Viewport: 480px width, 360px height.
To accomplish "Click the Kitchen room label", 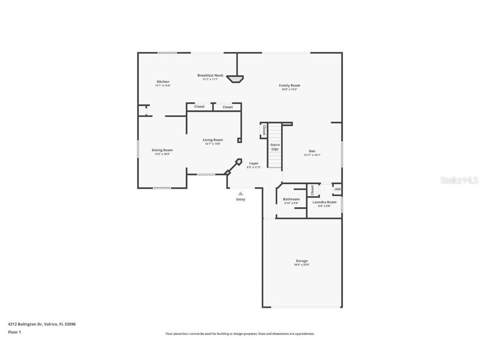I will click(163, 82).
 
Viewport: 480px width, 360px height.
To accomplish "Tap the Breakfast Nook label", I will click(210, 75).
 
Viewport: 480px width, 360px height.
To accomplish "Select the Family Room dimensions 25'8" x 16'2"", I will click(289, 89).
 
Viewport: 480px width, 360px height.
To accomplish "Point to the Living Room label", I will click(212, 140).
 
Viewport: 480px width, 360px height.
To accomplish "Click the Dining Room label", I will click(162, 150).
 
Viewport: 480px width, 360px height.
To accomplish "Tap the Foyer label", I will click(254, 163).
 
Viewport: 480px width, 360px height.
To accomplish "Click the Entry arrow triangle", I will click(240, 193).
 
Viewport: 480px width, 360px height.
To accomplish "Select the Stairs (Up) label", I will click(275, 147).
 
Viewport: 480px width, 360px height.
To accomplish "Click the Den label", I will click(312, 151).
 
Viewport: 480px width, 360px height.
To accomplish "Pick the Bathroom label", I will click(291, 199).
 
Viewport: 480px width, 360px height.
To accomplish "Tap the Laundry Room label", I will click(324, 202).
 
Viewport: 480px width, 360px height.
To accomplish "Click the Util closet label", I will click(337, 189).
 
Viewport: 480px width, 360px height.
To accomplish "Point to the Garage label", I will click(302, 261).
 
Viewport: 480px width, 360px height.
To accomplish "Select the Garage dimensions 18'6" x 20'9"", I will click(302, 265).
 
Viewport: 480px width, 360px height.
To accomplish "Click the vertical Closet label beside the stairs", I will click(264, 130).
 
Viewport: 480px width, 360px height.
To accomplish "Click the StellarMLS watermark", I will click(460, 180).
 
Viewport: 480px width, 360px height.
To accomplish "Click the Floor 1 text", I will click(14, 332).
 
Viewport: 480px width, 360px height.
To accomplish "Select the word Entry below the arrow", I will click(240, 199).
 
